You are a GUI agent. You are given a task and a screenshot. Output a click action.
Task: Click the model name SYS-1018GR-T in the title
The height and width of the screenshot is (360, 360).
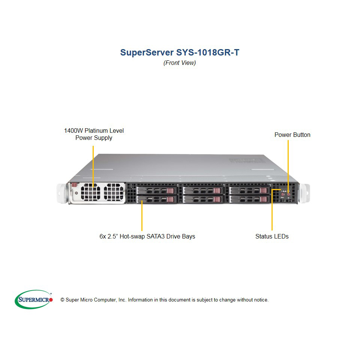tap(207, 52)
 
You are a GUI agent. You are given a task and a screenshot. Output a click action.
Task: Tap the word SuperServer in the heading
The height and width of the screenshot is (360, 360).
tap(147, 52)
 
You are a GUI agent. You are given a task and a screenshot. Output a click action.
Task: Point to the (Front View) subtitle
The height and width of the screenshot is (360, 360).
tap(180, 63)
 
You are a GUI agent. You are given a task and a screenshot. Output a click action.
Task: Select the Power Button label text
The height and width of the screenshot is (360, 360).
tap(292, 135)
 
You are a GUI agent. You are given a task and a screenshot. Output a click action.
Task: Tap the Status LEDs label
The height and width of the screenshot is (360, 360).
tap(272, 237)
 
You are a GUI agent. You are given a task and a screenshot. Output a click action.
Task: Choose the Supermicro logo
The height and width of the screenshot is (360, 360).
tap(34, 299)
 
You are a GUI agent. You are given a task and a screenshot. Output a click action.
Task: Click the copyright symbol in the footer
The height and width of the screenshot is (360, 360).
tap(62, 300)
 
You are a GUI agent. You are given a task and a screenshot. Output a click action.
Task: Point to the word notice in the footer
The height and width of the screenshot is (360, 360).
tap(261, 300)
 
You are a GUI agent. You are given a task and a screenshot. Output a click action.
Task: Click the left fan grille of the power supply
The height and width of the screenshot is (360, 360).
tap(90, 192)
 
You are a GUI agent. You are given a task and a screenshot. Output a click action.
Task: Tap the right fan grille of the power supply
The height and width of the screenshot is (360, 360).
tap(114, 192)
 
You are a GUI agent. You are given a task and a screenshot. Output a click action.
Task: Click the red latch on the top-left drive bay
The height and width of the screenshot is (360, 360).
tap(171, 190)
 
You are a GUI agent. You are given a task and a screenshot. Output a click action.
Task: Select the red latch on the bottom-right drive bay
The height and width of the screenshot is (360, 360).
tap(264, 199)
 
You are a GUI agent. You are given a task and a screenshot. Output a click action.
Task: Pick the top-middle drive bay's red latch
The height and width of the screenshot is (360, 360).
tap(217, 190)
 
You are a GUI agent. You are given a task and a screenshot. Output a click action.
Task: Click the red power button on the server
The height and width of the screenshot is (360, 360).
tap(289, 194)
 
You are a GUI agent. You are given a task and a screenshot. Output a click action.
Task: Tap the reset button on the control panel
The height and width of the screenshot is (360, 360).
tap(283, 194)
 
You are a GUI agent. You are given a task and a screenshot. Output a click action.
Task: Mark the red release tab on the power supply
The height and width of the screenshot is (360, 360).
tap(74, 185)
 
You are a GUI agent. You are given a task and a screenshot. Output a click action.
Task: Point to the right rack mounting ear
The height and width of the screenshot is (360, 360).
tap(304, 193)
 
